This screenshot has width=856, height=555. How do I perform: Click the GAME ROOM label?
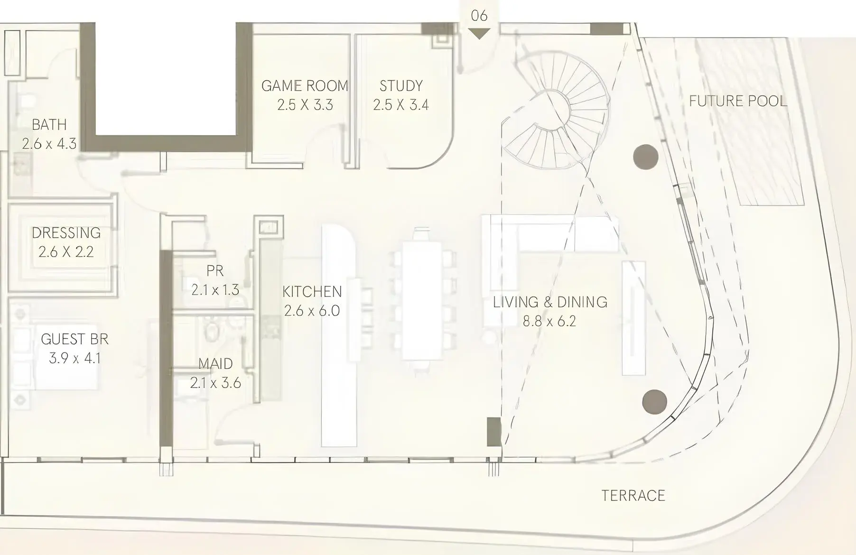click(305, 86)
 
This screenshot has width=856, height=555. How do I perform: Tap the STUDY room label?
click(401, 86)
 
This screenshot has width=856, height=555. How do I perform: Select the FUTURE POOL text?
click(738, 101)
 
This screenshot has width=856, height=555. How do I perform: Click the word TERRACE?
click(633, 496)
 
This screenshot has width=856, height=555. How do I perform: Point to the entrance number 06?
click(479, 16)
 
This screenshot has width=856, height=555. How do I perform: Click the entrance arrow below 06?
click(479, 34)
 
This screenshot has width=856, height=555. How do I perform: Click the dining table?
click(422, 301)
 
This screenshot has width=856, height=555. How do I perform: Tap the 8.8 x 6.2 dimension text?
click(549, 321)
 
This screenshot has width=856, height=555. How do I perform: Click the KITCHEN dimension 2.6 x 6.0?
click(312, 311)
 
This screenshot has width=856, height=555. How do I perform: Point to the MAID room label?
click(215, 364)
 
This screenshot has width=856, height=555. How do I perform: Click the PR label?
click(215, 271)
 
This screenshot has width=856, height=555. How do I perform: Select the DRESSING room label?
click(66, 233)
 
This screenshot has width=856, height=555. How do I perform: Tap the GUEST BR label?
click(74, 339)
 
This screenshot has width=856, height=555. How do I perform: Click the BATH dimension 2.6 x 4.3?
click(49, 144)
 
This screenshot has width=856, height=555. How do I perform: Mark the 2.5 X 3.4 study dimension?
click(401, 105)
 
